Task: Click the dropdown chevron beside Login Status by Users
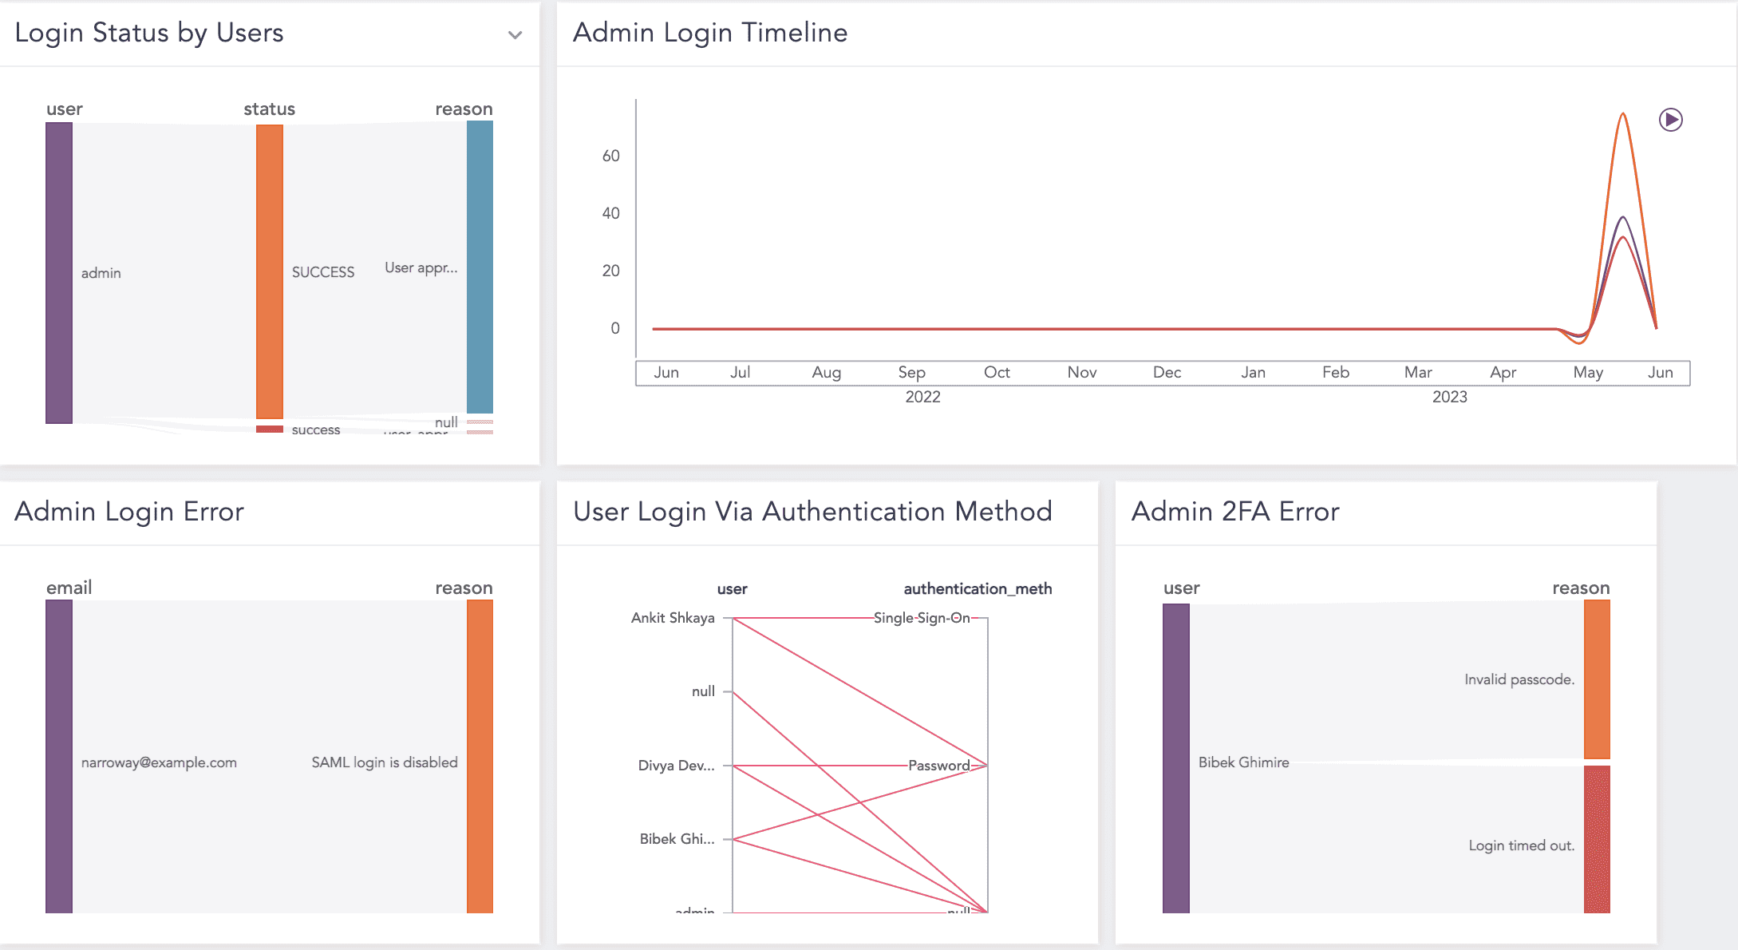(515, 35)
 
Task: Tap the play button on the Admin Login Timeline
(1670, 120)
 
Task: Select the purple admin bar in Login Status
(59, 272)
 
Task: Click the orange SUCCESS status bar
(270, 271)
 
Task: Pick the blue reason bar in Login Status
(480, 267)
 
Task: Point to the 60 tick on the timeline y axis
(610, 156)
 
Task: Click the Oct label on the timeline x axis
(997, 372)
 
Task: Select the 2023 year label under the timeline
(1449, 397)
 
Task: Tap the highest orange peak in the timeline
(1623, 114)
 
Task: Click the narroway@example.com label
(159, 762)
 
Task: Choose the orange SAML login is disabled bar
(480, 756)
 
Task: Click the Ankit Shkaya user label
(673, 618)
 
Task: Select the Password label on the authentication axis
(939, 766)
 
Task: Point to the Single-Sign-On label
(922, 618)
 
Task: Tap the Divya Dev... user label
(676, 766)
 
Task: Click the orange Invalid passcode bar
(1597, 679)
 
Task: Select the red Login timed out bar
(1597, 839)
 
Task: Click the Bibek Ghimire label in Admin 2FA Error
(1243, 762)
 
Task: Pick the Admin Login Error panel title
(129, 512)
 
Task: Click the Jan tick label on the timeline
(1253, 372)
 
